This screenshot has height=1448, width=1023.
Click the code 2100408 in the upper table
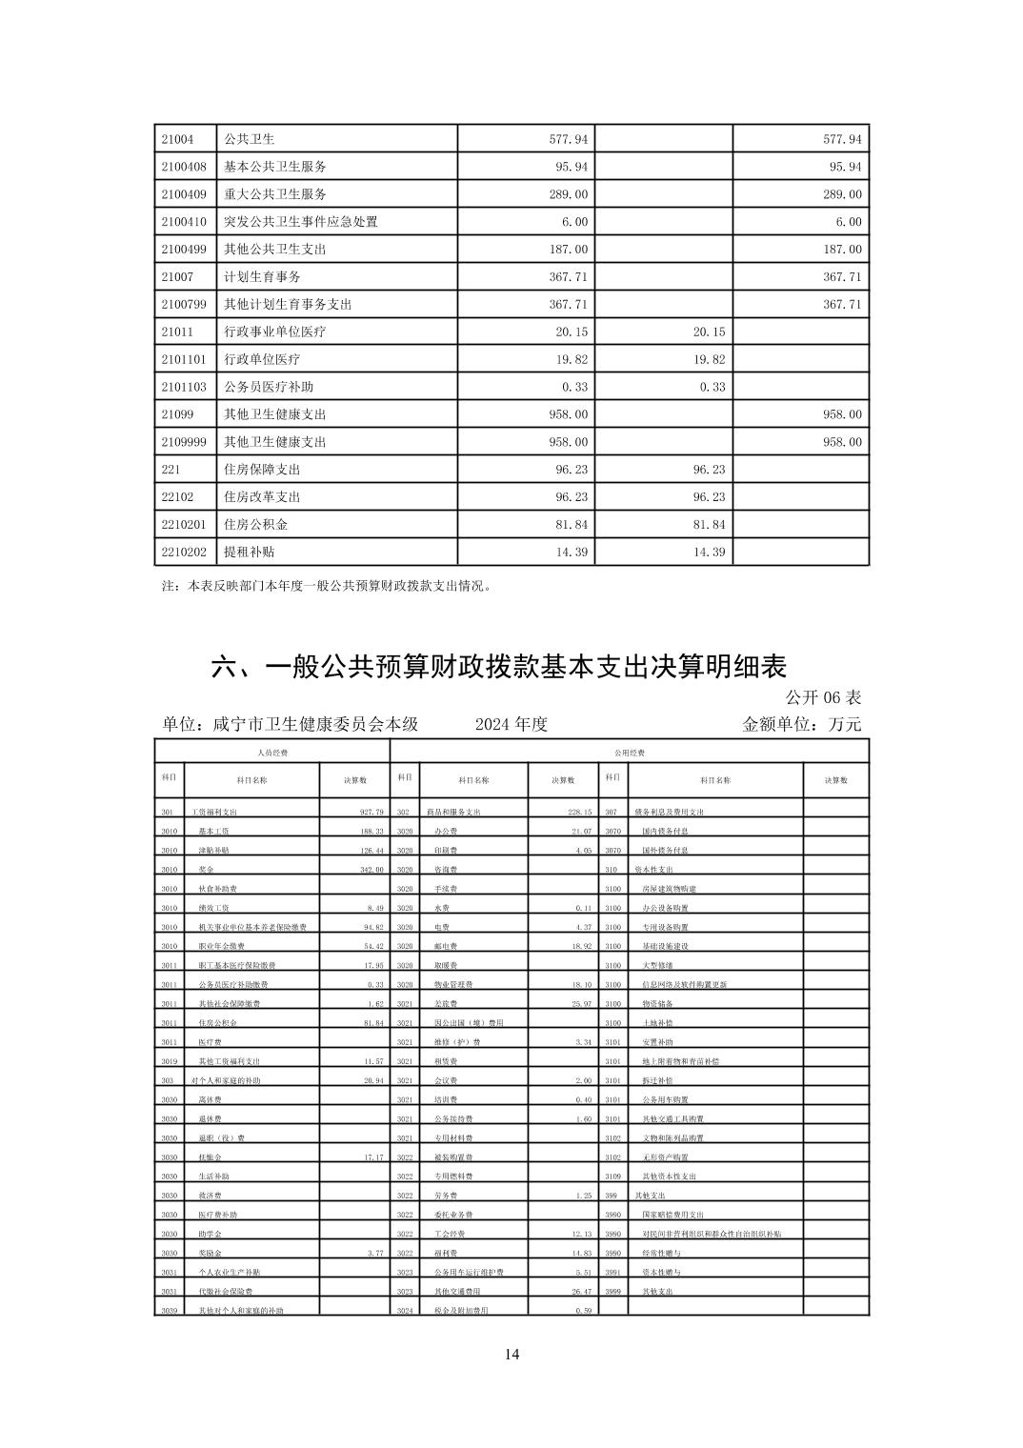tap(177, 167)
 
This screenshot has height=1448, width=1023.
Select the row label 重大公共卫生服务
tap(274, 194)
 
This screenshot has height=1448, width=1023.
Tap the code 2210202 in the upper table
tap(177, 553)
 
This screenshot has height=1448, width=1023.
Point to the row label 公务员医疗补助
tap(268, 387)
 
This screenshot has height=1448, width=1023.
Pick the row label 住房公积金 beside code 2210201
tap(255, 525)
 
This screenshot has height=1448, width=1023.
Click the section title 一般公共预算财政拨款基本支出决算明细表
tap(498, 666)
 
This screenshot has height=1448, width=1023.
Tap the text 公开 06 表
tap(824, 697)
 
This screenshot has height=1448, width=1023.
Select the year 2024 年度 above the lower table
tap(511, 725)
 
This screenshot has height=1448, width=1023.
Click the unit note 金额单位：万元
tap(801, 725)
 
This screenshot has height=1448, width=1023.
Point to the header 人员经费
tap(272, 753)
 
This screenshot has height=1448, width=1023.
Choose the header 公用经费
tap(630, 753)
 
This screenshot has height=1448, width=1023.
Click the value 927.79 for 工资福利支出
tap(367, 813)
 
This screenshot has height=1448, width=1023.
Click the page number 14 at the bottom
tap(511, 1355)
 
